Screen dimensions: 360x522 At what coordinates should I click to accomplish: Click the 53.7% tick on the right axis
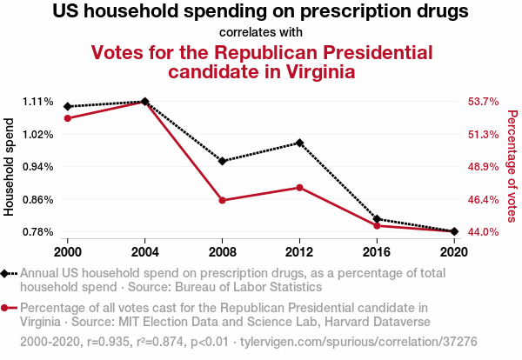point(483,102)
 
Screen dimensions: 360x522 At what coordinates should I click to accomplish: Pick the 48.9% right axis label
point(483,167)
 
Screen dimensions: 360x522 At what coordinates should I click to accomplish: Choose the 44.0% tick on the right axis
point(483,232)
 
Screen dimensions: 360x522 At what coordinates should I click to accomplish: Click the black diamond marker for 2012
point(299,143)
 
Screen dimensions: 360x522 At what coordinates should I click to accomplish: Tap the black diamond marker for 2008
point(222,161)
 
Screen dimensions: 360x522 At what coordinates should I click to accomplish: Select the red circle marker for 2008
point(222,200)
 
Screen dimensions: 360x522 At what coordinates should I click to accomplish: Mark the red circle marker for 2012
point(299,188)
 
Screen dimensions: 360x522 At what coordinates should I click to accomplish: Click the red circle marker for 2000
point(68,118)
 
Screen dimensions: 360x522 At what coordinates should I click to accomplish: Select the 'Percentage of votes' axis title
point(512,167)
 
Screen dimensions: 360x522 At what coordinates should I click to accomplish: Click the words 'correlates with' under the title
point(261,32)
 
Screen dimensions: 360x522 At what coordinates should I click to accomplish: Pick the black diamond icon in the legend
point(7,274)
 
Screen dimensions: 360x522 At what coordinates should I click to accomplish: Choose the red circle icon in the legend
point(7,308)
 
